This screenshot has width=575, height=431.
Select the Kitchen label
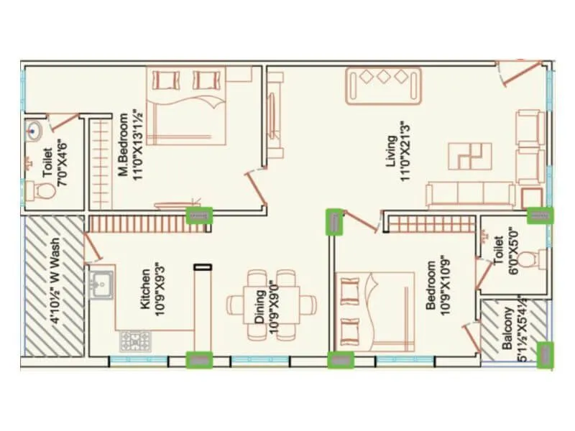click(x=146, y=289)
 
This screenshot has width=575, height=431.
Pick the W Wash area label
click(x=55, y=287)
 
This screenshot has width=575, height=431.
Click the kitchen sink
click(x=101, y=282)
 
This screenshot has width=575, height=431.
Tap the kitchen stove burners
click(x=131, y=340)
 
